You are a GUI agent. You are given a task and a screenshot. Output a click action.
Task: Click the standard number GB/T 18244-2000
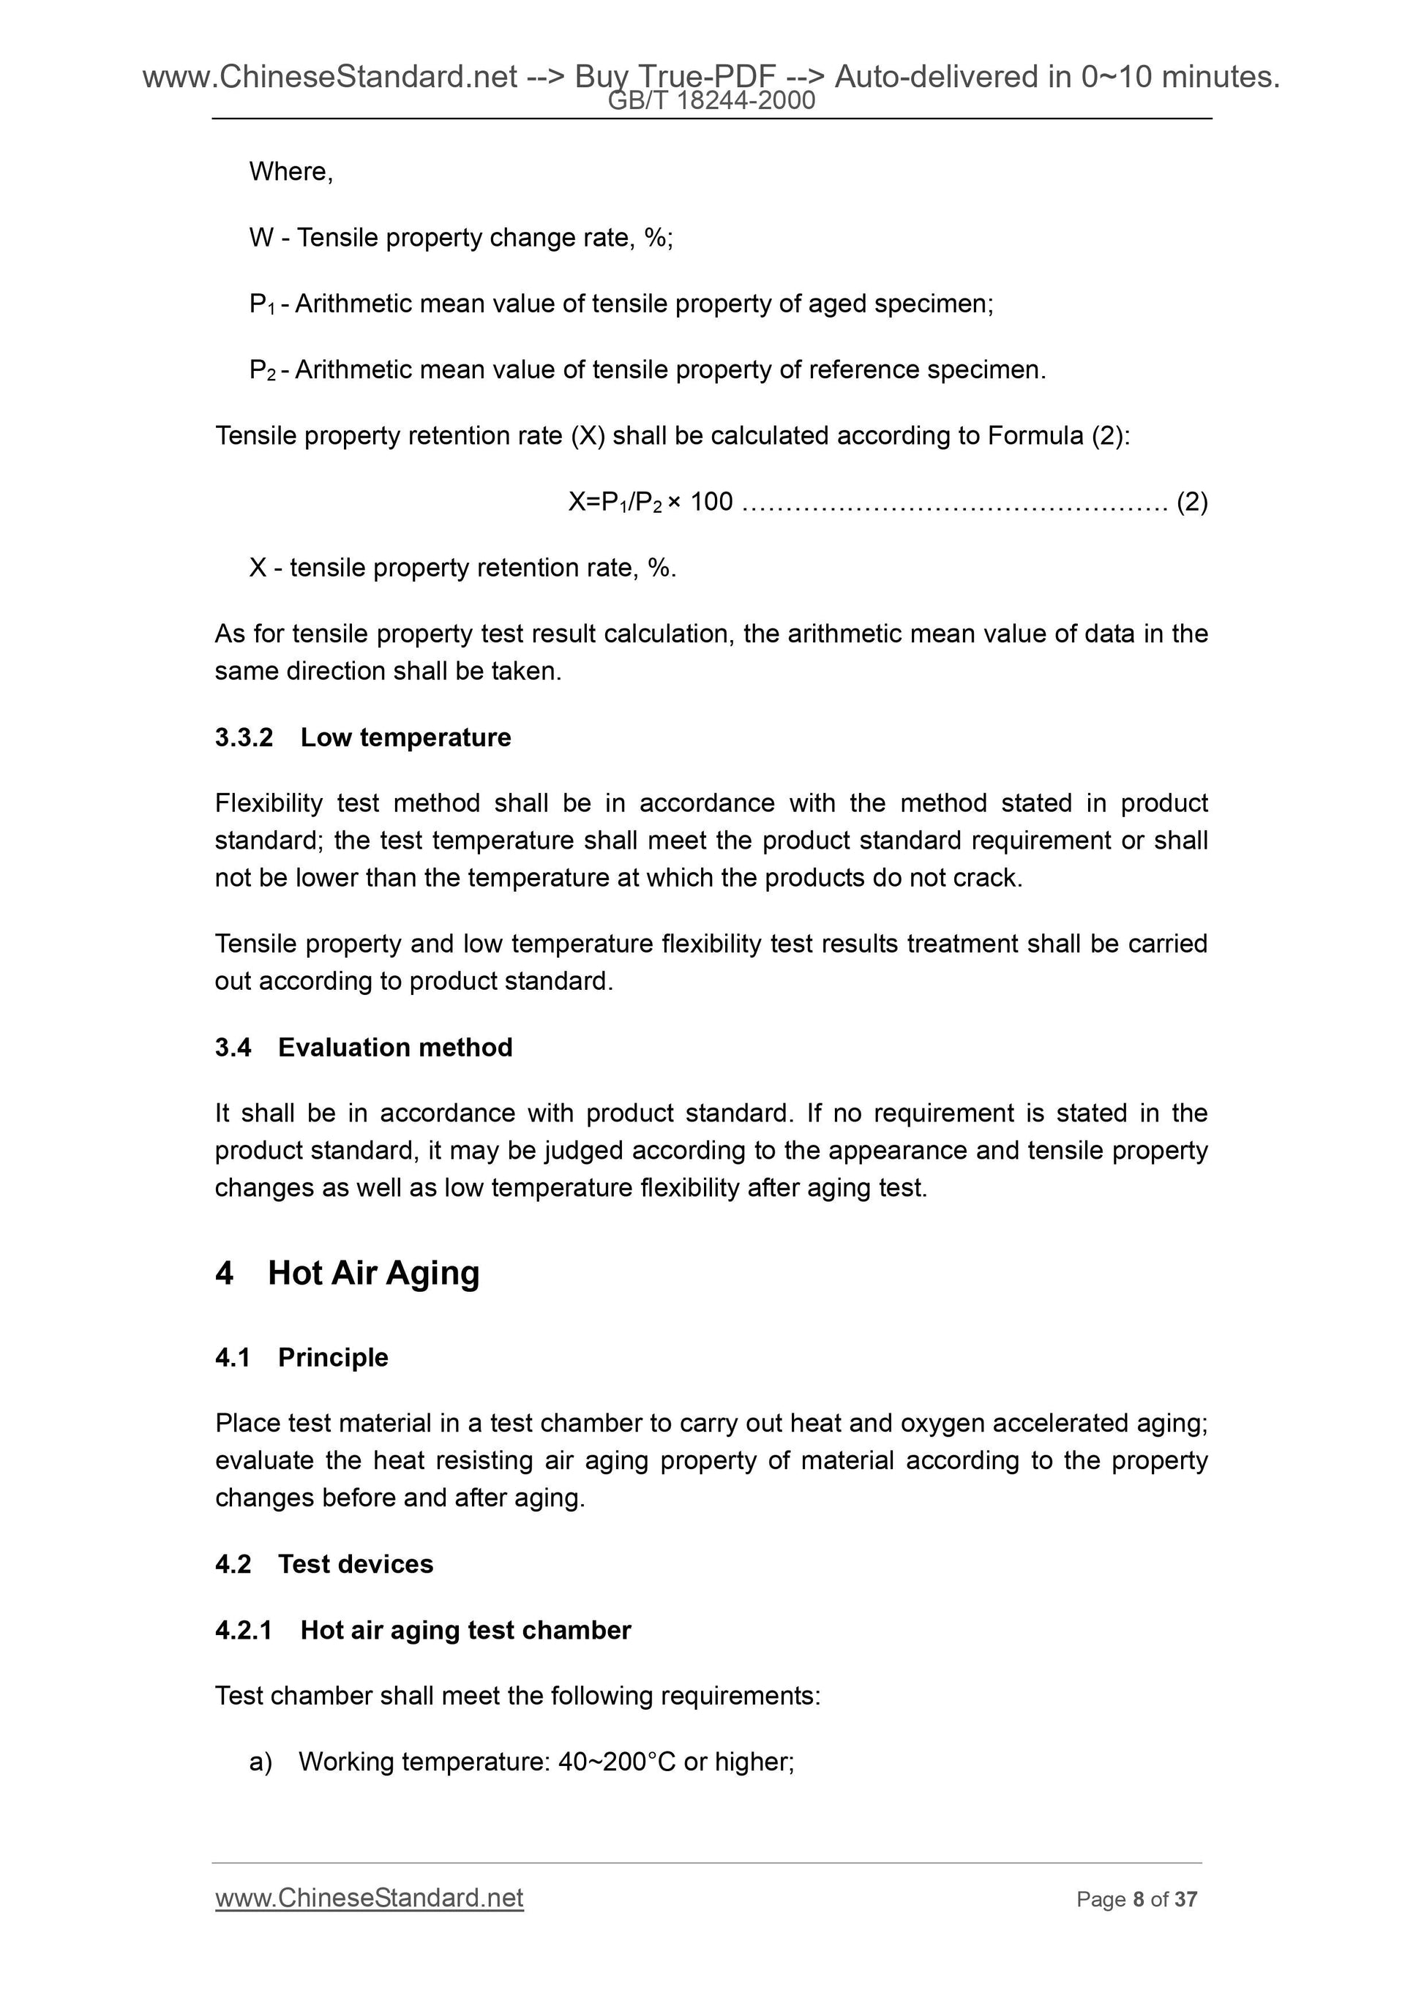711,102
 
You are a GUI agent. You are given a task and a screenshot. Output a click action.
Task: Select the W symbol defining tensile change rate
261,238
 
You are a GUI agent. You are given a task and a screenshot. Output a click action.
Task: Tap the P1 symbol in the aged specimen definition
263,304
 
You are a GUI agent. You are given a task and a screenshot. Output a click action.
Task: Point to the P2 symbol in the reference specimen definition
263,370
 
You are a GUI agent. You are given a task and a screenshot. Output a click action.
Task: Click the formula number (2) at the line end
1191,503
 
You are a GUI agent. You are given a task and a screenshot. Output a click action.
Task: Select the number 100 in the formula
711,503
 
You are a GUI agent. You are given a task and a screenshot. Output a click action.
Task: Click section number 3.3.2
244,737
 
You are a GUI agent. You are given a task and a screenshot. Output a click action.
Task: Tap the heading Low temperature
405,737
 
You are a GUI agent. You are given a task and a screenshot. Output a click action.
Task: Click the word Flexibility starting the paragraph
269,803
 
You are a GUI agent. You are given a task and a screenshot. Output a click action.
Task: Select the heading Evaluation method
395,1048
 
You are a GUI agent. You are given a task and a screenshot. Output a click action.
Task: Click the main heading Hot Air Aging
373,1273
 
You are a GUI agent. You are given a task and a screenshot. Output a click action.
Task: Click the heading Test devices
356,1564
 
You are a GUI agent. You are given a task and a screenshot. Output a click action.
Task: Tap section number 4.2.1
243,1630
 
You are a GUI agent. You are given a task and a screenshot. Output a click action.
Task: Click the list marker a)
261,1762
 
